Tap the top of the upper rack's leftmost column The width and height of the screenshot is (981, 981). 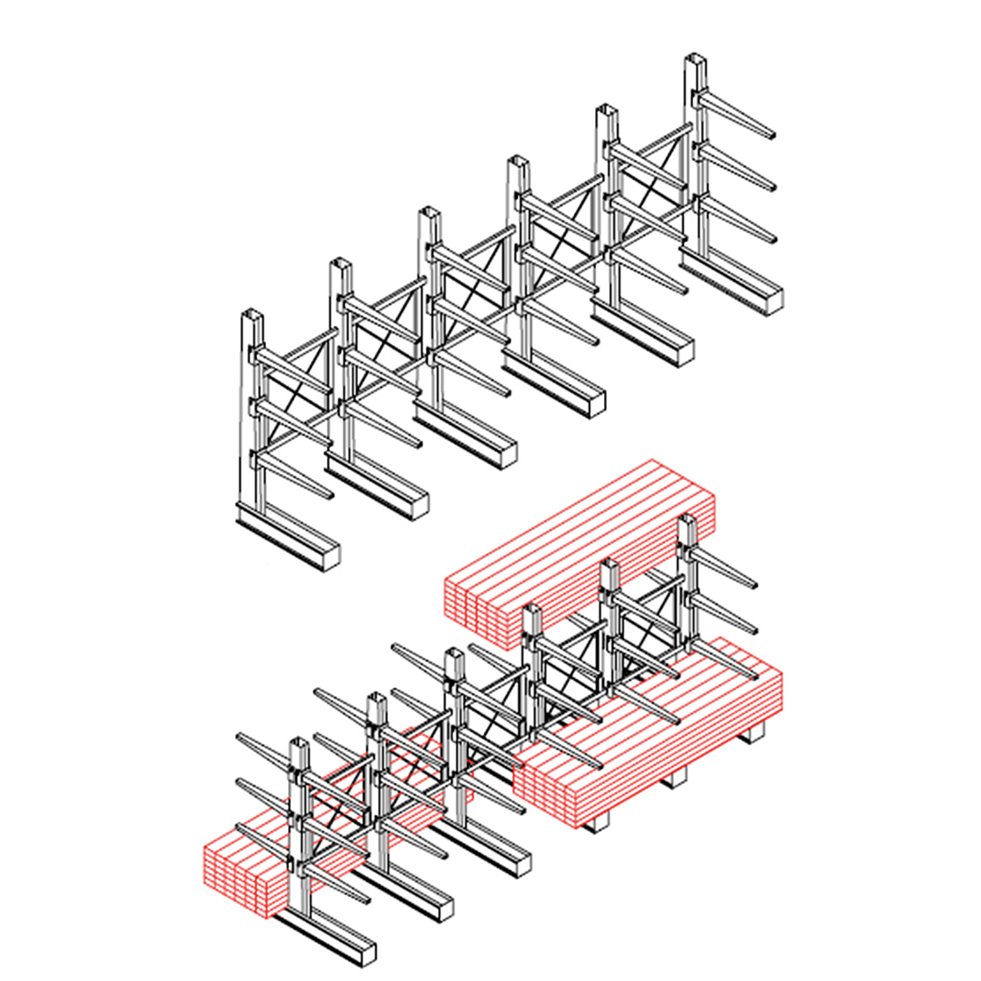point(252,317)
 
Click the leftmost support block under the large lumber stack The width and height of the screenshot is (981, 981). point(597,822)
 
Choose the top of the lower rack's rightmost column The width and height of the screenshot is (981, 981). point(687,520)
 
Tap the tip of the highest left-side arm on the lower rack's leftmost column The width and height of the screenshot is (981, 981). point(241,737)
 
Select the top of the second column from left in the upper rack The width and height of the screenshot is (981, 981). point(341,264)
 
